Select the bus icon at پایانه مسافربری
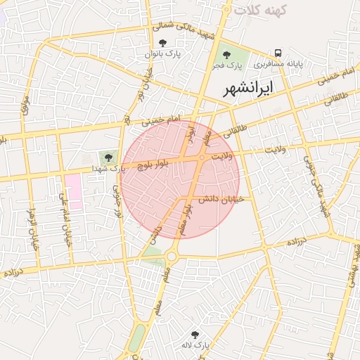click(278, 53)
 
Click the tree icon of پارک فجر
click(226, 54)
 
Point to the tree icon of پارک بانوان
click(163, 44)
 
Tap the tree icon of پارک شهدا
click(108, 157)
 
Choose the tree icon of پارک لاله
click(195, 335)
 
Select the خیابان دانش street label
click(221, 199)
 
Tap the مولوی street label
click(26, 109)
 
